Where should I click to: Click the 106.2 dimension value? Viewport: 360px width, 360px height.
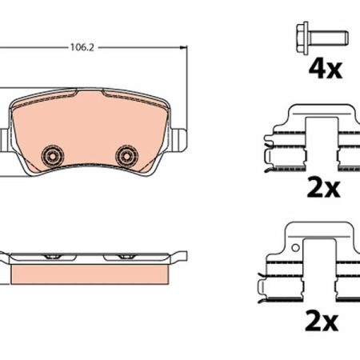click(x=82, y=48)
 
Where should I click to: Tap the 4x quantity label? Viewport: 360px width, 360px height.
click(x=326, y=70)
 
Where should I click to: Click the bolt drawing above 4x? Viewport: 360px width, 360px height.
click(x=322, y=38)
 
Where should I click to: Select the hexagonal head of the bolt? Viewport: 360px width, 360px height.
click(x=302, y=38)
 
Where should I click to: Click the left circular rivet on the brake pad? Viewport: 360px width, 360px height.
click(x=53, y=156)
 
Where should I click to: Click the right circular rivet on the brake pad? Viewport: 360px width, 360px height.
click(x=126, y=156)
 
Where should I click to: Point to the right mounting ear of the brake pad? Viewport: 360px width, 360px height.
click(x=178, y=140)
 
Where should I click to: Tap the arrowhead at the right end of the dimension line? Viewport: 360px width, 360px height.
click(x=183, y=47)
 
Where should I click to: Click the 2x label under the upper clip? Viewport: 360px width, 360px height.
click(x=323, y=189)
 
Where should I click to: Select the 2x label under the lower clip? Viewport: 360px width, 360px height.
click(x=322, y=322)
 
